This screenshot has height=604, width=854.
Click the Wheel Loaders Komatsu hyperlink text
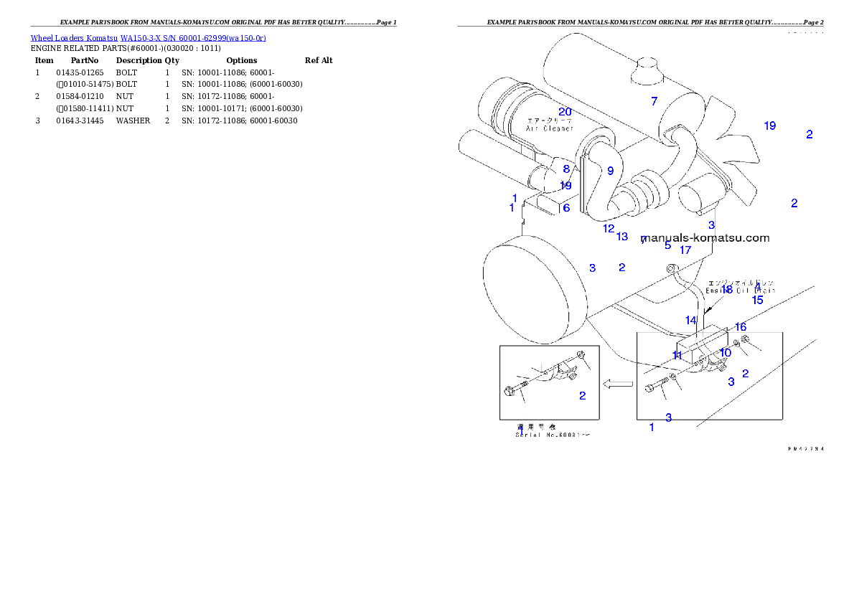click(x=148, y=38)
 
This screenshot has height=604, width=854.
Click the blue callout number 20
click(x=566, y=112)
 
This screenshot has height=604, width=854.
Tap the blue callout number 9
click(x=611, y=171)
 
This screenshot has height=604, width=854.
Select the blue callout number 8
click(x=566, y=169)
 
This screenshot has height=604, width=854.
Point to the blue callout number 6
click(x=566, y=208)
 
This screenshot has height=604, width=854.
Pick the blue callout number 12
click(x=609, y=229)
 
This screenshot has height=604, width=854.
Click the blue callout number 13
click(x=622, y=237)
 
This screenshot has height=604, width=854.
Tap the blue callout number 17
click(x=685, y=250)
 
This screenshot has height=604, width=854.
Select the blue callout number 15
click(x=758, y=301)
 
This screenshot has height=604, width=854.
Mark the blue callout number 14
click(x=690, y=320)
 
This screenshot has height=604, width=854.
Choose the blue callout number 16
click(x=741, y=327)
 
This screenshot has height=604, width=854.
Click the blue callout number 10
click(x=726, y=353)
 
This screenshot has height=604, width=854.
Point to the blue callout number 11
click(x=677, y=355)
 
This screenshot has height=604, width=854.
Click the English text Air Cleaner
click(x=550, y=128)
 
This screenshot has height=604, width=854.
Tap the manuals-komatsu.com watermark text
click(x=705, y=238)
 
